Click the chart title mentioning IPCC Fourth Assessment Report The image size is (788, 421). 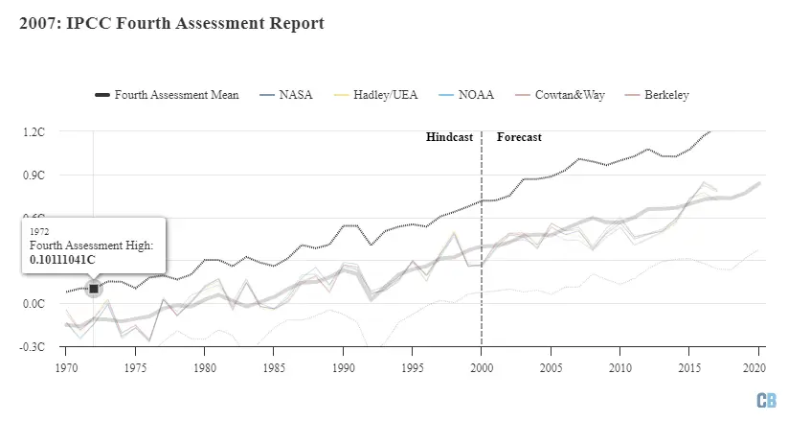tap(171, 23)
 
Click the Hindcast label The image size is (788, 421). tap(449, 137)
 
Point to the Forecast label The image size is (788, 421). tap(519, 137)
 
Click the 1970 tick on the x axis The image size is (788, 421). tap(66, 367)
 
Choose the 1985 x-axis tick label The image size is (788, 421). tap(273, 367)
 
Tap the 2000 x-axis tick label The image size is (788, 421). tap(481, 367)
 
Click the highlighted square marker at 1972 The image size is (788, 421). tap(94, 288)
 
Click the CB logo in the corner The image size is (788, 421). tap(766, 399)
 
